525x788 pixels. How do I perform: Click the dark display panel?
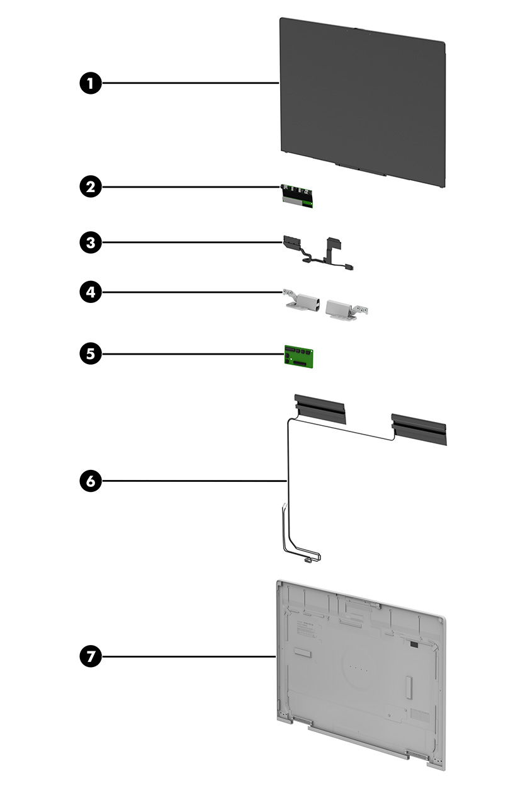362,101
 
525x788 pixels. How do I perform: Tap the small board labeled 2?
298,196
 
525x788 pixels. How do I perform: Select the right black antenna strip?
419,428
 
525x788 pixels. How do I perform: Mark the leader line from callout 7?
189,656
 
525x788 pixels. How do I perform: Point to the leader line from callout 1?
189,83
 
